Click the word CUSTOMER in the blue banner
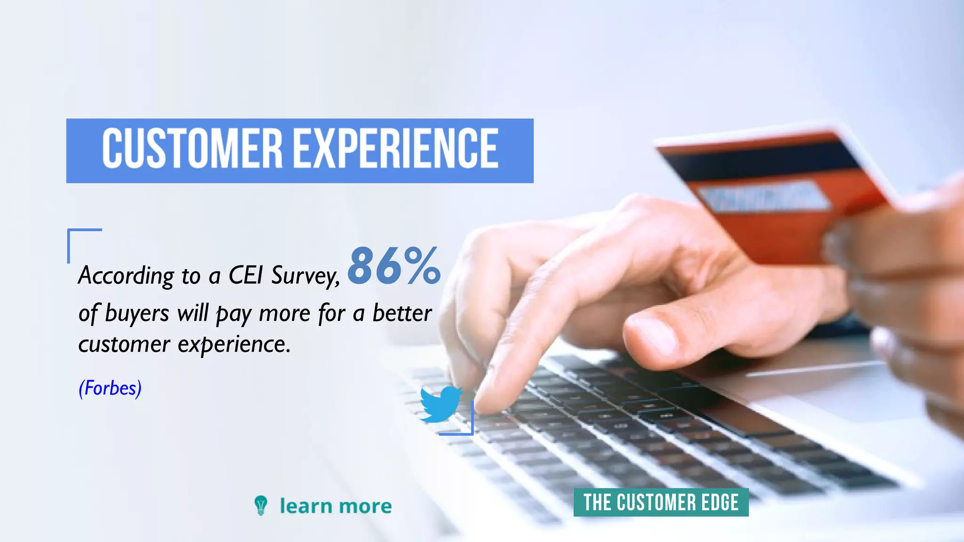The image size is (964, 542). [x=192, y=149]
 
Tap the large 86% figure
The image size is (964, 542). [x=394, y=266]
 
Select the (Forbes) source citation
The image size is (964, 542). [x=110, y=389]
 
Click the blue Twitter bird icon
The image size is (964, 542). [x=440, y=404]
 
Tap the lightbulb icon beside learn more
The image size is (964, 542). [x=260, y=505]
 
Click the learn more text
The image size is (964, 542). [x=335, y=506]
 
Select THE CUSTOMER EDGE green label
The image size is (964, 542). [x=660, y=502]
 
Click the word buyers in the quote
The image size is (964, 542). [x=137, y=314]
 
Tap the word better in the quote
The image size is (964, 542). [x=402, y=313]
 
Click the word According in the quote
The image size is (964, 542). [x=126, y=276]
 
